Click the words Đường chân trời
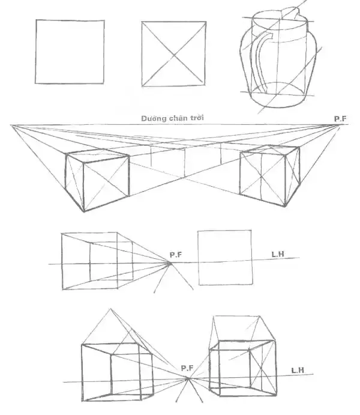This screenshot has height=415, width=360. point(173,118)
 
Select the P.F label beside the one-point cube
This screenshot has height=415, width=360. point(175,255)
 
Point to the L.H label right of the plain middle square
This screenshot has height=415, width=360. point(277,255)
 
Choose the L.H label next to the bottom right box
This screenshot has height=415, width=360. point(297,370)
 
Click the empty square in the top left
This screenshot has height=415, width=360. point(70,52)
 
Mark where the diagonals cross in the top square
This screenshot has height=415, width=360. point(174,54)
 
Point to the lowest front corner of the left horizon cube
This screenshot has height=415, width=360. point(83,211)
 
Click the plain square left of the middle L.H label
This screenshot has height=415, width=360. point(224,257)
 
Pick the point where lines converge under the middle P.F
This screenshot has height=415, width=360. point(170,262)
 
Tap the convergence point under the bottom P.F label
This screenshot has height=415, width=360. point(188,378)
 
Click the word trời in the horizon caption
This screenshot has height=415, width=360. point(196,118)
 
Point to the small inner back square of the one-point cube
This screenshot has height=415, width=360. point(111,262)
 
